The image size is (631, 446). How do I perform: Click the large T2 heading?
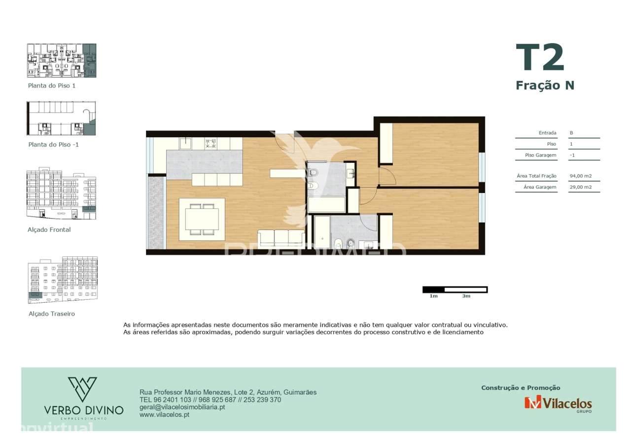click(x=540, y=59)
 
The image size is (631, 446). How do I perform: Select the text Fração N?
click(x=545, y=85)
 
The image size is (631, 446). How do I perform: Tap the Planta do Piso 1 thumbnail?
click(x=62, y=61)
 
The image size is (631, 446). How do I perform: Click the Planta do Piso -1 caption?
click(x=53, y=145)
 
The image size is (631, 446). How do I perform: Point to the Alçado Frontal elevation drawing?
click(x=62, y=194)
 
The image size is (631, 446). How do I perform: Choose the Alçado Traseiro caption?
click(x=52, y=314)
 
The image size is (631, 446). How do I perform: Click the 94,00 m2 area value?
click(x=581, y=176)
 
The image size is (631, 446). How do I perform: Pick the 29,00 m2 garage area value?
click(x=581, y=187)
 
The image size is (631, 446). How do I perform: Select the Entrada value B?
click(x=571, y=133)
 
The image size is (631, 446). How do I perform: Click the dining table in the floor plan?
click(x=202, y=219)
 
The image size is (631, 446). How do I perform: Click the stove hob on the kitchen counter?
click(x=211, y=143)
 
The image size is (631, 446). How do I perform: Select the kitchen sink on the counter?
click(x=185, y=143)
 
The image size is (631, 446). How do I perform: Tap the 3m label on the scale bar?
click(x=466, y=296)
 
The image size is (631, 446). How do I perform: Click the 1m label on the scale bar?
click(x=433, y=296)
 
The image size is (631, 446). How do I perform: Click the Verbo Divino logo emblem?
click(x=82, y=389)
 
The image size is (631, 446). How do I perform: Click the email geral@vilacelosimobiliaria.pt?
click(x=182, y=407)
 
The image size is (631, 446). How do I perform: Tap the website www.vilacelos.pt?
click(x=165, y=414)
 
